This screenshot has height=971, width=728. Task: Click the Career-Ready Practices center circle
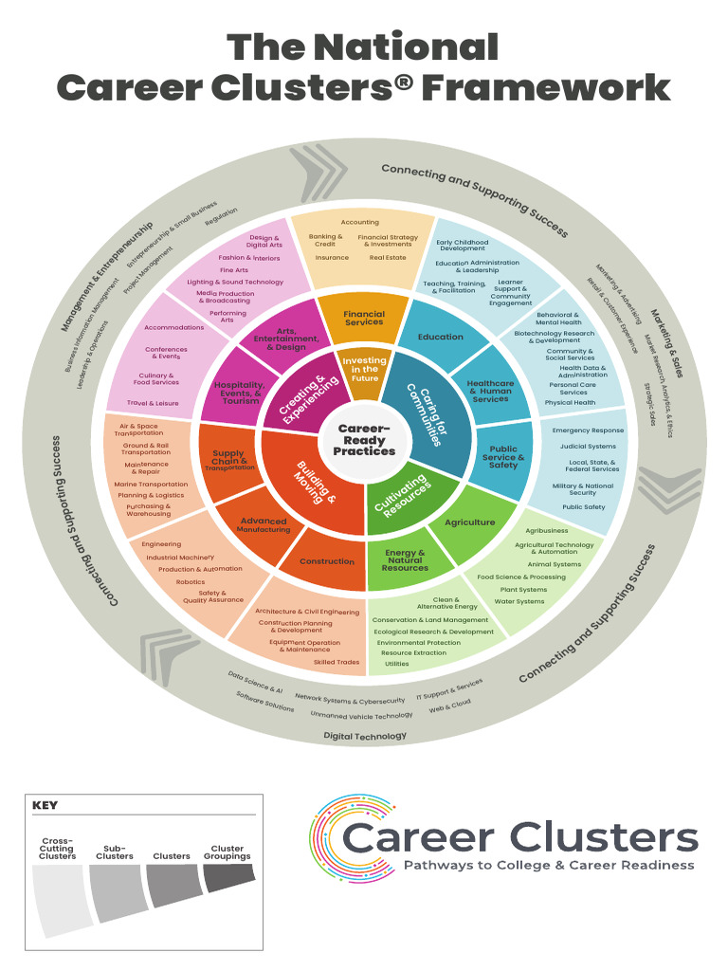click(364, 439)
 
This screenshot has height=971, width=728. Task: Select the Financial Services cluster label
click(364, 318)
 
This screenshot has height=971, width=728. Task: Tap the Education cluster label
click(441, 337)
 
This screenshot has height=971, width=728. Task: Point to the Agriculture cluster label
click(470, 522)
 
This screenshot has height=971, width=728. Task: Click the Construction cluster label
click(327, 561)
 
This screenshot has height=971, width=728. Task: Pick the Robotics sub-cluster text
click(190, 582)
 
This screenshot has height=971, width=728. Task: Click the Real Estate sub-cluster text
click(388, 257)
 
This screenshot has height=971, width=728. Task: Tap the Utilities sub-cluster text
click(397, 664)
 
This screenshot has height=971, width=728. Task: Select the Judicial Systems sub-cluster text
click(588, 447)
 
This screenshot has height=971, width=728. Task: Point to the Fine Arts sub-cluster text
click(234, 270)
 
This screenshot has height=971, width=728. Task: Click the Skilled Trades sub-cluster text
click(337, 663)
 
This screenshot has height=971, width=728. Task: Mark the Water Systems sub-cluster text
click(519, 601)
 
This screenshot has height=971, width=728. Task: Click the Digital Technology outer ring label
click(365, 736)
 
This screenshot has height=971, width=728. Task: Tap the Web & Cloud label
click(449, 705)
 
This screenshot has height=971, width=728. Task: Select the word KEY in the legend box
click(45, 805)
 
